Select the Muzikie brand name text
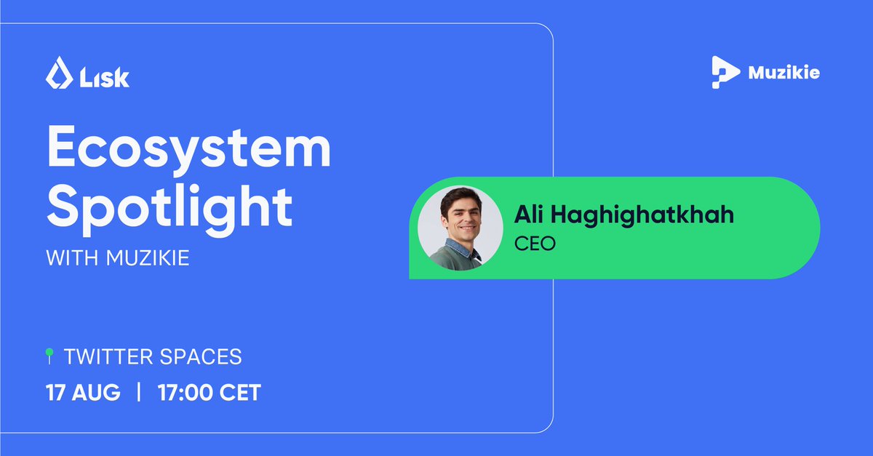point(784,73)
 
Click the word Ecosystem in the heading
point(189,151)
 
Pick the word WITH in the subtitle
point(69,258)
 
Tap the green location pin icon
point(49,356)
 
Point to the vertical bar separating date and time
point(138,393)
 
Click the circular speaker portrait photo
point(461,228)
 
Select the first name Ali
point(530,215)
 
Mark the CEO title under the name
point(535,243)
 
